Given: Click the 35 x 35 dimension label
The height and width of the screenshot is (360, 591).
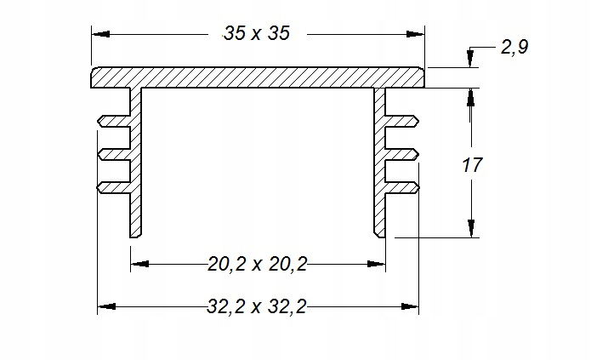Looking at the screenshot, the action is (257, 33).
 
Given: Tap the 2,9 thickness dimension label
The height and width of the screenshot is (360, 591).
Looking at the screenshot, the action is (514, 47).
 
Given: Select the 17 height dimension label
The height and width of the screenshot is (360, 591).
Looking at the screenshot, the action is (472, 165).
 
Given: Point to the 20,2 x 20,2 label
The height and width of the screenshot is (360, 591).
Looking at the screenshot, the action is (258, 264).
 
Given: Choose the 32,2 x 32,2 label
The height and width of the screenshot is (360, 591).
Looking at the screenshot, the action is (257, 306).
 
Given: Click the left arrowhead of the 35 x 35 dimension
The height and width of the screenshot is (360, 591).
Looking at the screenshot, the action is (100, 34).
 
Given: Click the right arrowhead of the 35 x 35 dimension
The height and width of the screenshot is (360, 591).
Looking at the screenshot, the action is (415, 34).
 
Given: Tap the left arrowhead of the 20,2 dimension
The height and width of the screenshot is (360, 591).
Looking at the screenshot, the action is (139, 264).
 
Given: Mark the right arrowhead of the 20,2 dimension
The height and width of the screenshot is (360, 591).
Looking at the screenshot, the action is (376, 264).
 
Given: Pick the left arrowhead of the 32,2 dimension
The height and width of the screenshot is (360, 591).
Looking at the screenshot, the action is (106, 306).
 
